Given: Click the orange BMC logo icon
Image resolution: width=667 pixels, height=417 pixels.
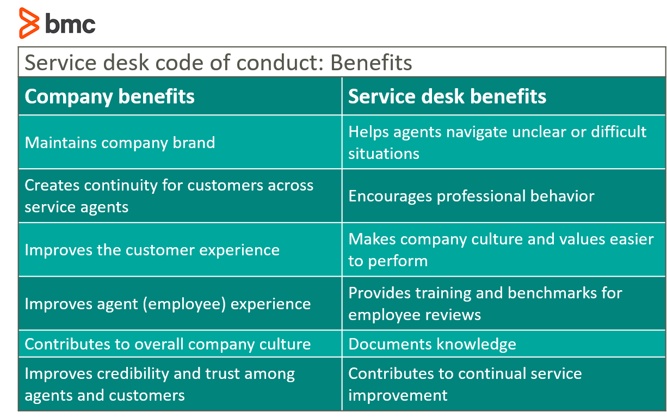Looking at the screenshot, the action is (x=29, y=23).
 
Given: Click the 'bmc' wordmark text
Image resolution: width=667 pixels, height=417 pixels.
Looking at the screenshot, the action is (x=70, y=23).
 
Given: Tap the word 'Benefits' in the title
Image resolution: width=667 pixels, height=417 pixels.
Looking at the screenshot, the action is (x=371, y=63).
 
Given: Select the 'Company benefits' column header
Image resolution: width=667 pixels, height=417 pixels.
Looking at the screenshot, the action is (x=109, y=97).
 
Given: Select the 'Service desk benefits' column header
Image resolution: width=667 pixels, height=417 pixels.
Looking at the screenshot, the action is (x=447, y=96).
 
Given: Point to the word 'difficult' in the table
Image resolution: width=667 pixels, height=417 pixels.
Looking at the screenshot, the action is (x=619, y=132).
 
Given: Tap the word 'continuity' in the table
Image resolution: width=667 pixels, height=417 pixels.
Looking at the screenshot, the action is (x=121, y=186).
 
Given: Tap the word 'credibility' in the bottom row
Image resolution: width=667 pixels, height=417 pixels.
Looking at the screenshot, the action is (x=133, y=374).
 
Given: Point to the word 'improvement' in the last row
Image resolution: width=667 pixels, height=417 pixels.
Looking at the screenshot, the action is (x=398, y=396).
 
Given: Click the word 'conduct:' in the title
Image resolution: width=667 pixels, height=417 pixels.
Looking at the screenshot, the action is (x=279, y=63).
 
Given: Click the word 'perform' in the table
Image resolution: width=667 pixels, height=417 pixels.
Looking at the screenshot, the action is (x=398, y=261).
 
